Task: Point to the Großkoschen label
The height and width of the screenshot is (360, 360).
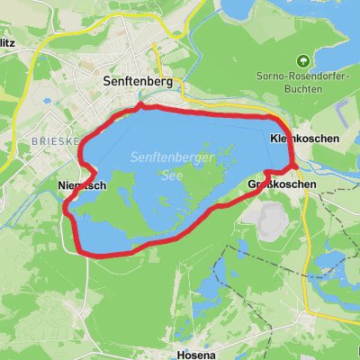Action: tap(281, 184)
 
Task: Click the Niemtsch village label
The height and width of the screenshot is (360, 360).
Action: tap(81, 185)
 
